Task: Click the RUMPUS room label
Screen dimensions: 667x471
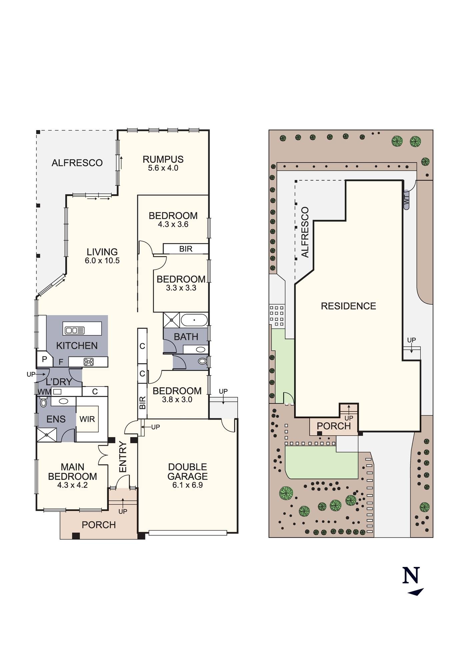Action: (163, 159)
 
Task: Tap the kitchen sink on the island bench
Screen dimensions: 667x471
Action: (75, 330)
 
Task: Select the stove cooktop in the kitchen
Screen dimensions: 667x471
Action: (89, 362)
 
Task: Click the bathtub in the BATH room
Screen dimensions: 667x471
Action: (194, 320)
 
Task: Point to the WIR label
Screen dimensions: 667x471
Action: (87, 419)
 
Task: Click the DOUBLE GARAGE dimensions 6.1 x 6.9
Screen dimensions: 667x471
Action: (187, 485)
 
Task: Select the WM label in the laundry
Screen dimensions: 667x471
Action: (43, 392)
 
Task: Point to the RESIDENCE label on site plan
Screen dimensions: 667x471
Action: (348, 306)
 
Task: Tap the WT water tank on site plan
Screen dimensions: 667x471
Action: (406, 200)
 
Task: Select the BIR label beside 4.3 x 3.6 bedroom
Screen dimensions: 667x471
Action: (186, 249)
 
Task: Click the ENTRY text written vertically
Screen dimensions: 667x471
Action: (123, 457)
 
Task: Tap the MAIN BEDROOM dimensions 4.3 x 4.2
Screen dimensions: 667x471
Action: (72, 485)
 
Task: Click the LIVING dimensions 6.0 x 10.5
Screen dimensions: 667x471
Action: (102, 261)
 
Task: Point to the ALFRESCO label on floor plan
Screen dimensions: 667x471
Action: (77, 163)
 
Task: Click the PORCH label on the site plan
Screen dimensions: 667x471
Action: (333, 426)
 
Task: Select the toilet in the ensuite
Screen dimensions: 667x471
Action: (43, 403)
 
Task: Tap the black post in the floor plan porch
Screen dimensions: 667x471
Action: (76, 536)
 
